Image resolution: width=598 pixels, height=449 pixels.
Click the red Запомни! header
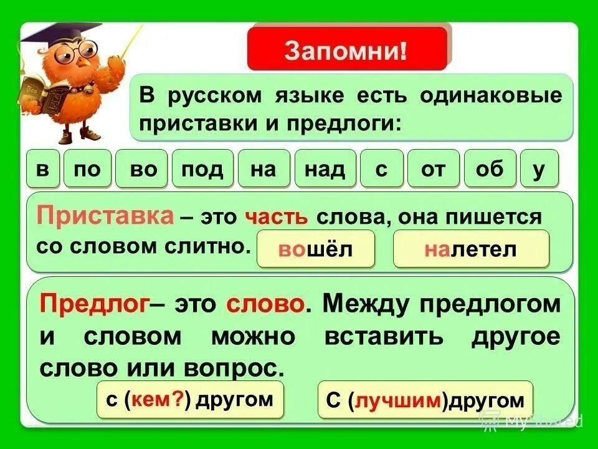347,49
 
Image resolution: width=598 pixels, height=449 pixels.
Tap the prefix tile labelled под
202,169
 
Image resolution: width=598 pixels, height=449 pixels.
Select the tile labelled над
325,169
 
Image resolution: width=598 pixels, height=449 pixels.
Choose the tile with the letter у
539,169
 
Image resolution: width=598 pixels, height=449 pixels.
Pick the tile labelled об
489,169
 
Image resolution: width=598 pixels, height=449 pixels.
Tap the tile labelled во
144,169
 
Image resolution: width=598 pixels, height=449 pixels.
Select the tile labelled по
87,169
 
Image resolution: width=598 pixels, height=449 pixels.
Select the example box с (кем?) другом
190,400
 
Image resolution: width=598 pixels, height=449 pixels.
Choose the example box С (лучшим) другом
425,400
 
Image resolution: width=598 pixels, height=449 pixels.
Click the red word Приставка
105,216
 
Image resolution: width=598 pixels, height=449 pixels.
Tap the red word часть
277,218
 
